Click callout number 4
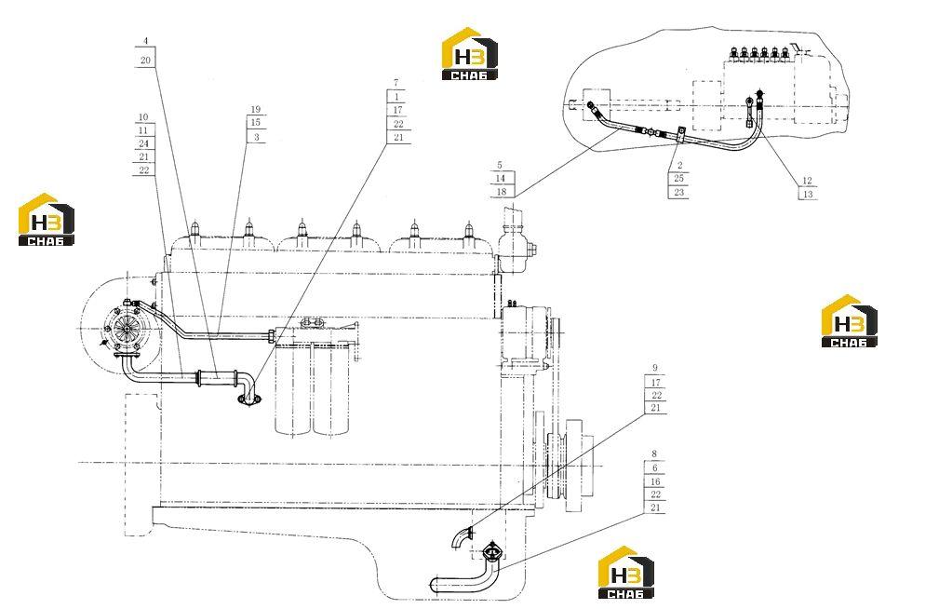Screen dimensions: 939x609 (x=145, y=41)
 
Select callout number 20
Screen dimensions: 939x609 (x=145, y=60)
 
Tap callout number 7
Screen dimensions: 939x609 (x=396, y=82)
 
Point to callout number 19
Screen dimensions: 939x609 (x=256, y=109)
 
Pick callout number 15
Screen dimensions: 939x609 (x=256, y=122)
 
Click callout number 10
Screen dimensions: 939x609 (x=143, y=117)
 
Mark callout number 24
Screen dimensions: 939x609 (x=143, y=143)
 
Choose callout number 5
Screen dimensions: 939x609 (x=500, y=165)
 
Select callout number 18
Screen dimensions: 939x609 (x=502, y=192)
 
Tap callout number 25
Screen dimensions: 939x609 (x=679, y=179)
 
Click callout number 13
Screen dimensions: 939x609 (x=808, y=194)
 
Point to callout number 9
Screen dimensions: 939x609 (x=655, y=368)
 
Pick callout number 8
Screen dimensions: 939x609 (x=654, y=453)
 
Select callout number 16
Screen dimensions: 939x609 (x=655, y=481)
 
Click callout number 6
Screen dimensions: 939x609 (x=655, y=468)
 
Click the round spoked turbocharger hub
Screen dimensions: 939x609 (x=127, y=330)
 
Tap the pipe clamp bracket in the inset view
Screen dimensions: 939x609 (x=681, y=135)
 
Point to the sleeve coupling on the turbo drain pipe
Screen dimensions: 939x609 (x=217, y=378)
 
